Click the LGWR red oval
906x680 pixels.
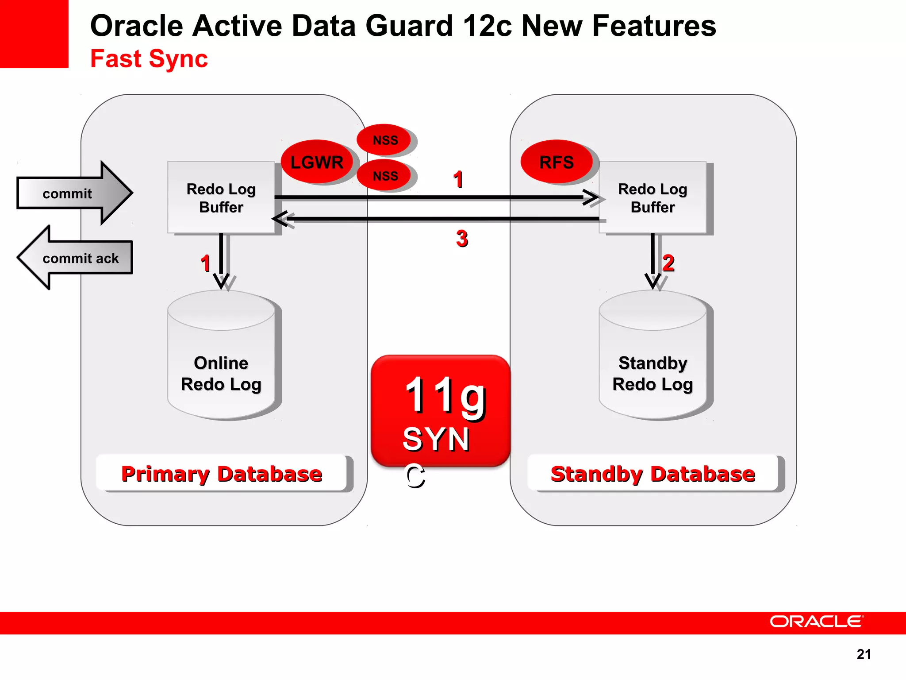click(x=317, y=162)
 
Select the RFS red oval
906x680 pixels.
click(x=557, y=162)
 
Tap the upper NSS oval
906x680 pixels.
click(x=385, y=140)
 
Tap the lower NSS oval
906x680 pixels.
click(x=385, y=176)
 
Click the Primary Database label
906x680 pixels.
click(x=221, y=473)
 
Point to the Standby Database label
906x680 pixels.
click(x=653, y=473)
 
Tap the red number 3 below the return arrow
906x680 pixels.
click(x=462, y=239)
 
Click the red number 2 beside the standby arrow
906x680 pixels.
click(x=668, y=263)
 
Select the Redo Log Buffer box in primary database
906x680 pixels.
click(x=221, y=197)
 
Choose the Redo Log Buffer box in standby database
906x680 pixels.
click(x=653, y=197)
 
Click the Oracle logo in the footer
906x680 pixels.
click(x=816, y=622)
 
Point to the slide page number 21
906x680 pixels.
click(x=864, y=654)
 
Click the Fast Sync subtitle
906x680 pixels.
click(x=149, y=59)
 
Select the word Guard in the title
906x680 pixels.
click(x=409, y=26)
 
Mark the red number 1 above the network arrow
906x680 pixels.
click(x=458, y=179)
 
